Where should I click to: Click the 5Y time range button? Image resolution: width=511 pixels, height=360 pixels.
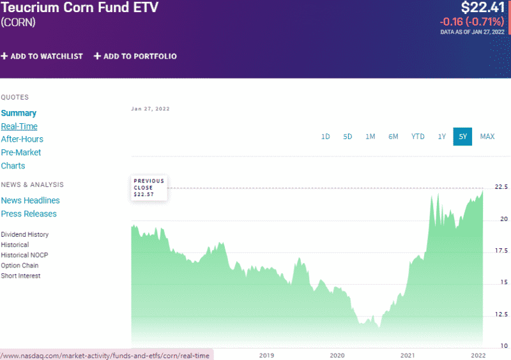(x=462, y=137)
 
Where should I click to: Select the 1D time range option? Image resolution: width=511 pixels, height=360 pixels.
(x=325, y=137)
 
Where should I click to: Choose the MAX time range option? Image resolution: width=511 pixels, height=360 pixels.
(x=487, y=137)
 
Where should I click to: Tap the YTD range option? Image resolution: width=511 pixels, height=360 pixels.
(x=418, y=137)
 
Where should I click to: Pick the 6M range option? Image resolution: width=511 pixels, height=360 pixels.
(x=393, y=137)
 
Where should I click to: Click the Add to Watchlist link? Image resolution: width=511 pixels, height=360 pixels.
(x=42, y=56)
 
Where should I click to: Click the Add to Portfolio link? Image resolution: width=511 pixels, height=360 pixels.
(x=135, y=56)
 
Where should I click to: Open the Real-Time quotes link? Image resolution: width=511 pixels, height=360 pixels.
(x=19, y=126)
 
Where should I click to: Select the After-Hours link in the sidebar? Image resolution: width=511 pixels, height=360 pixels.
(x=22, y=139)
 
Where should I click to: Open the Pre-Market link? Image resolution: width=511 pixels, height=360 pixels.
(x=21, y=153)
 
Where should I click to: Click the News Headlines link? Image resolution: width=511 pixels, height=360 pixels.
(x=31, y=200)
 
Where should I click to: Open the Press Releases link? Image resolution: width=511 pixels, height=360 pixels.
(x=29, y=214)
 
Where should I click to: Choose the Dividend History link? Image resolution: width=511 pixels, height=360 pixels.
(x=25, y=234)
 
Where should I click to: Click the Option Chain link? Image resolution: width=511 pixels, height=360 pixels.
(x=20, y=266)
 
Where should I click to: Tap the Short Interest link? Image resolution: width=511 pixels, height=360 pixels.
(x=21, y=276)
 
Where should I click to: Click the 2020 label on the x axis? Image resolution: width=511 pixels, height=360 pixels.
(x=337, y=355)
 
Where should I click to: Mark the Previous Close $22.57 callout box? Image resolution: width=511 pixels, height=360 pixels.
(x=149, y=188)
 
